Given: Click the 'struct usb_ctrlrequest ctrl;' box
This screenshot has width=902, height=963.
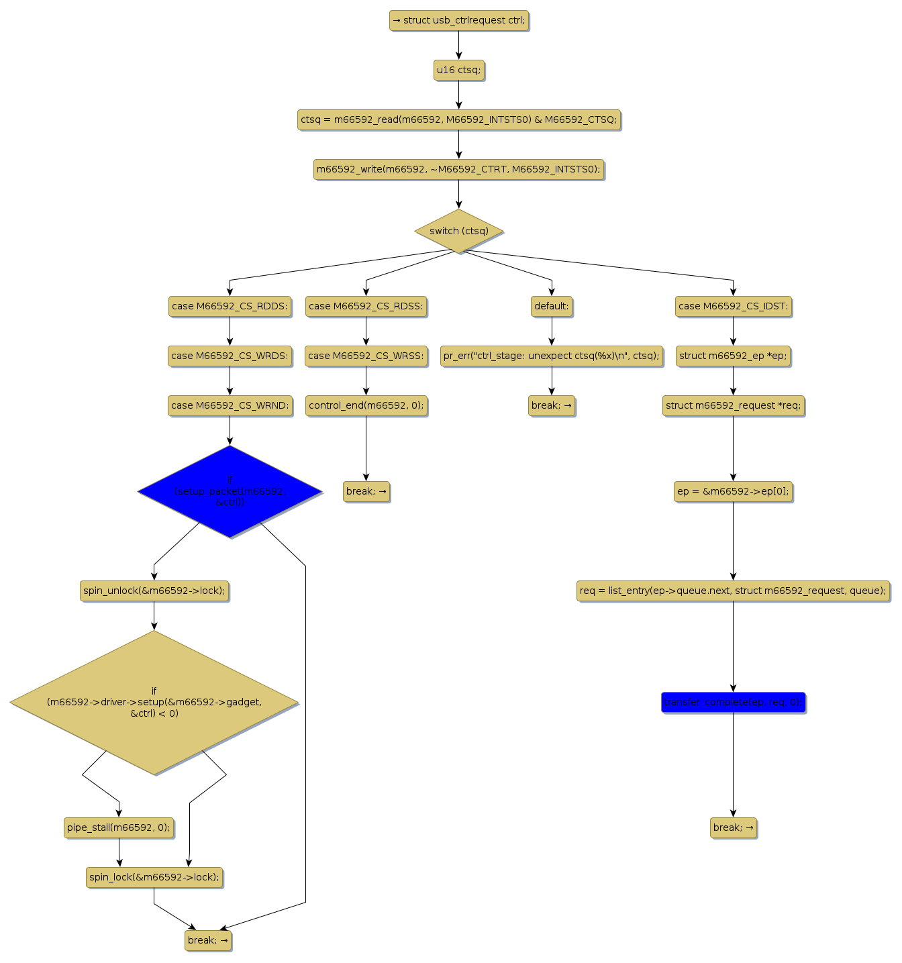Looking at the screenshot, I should [x=459, y=20].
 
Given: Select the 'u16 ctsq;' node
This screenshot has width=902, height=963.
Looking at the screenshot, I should [x=459, y=70].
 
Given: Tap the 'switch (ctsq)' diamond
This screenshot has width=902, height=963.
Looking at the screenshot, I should [x=459, y=231].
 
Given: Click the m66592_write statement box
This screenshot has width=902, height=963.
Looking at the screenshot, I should [x=459, y=169].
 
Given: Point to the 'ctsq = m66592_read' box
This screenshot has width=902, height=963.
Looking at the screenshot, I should [x=459, y=119].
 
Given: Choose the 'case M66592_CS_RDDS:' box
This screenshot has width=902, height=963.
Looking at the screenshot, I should [x=230, y=306].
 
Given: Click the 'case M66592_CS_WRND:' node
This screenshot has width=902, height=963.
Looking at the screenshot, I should [x=230, y=405].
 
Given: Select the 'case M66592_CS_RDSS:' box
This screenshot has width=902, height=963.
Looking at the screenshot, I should [x=366, y=306].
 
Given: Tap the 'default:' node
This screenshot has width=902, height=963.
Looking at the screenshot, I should [x=552, y=306].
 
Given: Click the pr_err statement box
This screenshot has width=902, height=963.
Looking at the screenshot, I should [x=552, y=356].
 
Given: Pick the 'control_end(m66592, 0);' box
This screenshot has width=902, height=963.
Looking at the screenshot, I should [x=366, y=405].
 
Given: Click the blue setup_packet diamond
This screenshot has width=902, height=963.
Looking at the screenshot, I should [x=230, y=491].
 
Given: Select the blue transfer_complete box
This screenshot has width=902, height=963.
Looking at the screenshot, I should [x=733, y=702].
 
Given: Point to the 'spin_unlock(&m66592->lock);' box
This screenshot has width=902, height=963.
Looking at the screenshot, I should [x=154, y=591].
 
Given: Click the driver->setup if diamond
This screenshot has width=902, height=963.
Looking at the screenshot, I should [x=154, y=702].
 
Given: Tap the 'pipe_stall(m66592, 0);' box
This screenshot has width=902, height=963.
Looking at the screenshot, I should [x=119, y=827].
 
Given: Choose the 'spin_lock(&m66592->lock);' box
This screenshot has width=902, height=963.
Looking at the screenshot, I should [x=154, y=877].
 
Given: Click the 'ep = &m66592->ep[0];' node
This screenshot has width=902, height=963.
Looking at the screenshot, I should [x=733, y=491].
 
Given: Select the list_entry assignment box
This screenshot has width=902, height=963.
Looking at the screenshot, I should [x=733, y=591].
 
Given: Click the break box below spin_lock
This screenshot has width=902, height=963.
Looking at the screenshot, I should [x=208, y=940].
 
